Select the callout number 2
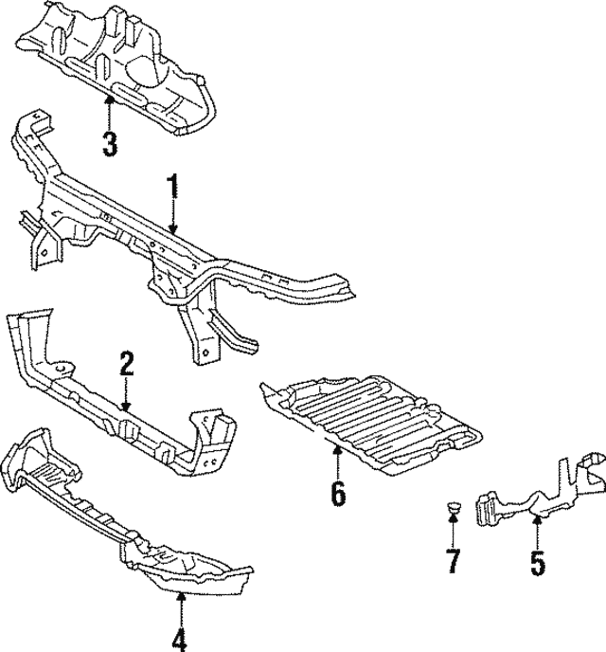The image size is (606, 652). pyautogui.click(x=127, y=365)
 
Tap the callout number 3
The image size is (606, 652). pyautogui.click(x=110, y=144)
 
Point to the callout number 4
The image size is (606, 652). pyautogui.click(x=180, y=637)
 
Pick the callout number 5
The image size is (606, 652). pyautogui.click(x=537, y=564)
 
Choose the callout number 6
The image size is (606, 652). pyautogui.click(x=338, y=494)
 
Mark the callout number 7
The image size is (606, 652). pyautogui.click(x=453, y=561)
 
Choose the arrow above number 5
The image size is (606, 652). pyautogui.click(x=537, y=531)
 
